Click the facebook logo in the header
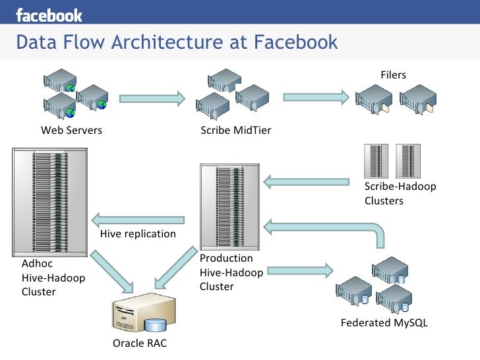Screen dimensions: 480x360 coord(49,15)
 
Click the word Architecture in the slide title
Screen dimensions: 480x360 coord(167,42)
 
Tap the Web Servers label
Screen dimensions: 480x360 coord(71,130)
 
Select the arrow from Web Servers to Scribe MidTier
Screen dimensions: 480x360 coord(152,99)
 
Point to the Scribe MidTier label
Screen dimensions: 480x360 coord(236,131)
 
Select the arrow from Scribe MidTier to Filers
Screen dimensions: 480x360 coord(316,98)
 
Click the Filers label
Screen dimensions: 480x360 coord(394,75)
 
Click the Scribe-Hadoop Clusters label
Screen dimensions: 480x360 coord(400,193)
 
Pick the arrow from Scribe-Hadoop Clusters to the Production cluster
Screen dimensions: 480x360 coord(306,182)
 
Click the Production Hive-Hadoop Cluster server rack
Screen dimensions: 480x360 coord(229,207)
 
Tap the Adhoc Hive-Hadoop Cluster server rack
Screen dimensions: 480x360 coord(49,202)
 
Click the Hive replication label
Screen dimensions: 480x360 coord(138,234)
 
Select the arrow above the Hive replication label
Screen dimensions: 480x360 coord(138,220)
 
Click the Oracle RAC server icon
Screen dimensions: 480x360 coord(144,313)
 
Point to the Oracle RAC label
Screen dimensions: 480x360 coord(140,343)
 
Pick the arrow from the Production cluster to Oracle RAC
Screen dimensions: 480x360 coord(176,268)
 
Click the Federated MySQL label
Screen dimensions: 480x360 coord(384,323)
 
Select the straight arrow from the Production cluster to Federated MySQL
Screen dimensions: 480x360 coord(300,271)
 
